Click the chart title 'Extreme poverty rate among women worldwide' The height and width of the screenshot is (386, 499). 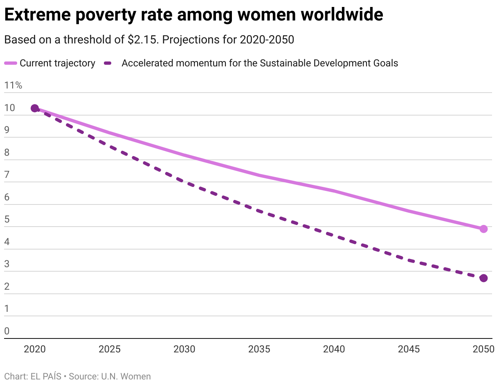(193, 15)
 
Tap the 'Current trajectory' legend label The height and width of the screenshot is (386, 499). (57, 63)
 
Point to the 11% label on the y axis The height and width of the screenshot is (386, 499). (13, 85)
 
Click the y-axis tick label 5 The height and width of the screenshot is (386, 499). (7, 219)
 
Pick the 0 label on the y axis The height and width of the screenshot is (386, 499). (7, 331)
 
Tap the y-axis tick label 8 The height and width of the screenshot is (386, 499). (7, 152)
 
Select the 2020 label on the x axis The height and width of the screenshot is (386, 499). (35, 349)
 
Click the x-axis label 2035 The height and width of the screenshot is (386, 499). (259, 349)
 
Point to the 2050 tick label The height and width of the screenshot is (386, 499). (483, 349)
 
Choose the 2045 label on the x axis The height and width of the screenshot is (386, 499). (409, 349)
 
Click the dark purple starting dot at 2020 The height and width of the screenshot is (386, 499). (35, 108)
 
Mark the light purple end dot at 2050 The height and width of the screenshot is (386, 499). (483, 229)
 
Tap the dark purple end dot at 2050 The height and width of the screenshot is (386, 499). (483, 278)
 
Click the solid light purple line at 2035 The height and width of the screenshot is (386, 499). (259, 175)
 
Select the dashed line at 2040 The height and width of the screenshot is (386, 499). (334, 235)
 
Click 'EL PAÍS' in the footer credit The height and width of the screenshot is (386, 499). (46, 376)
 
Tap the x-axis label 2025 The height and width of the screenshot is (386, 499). (110, 349)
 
